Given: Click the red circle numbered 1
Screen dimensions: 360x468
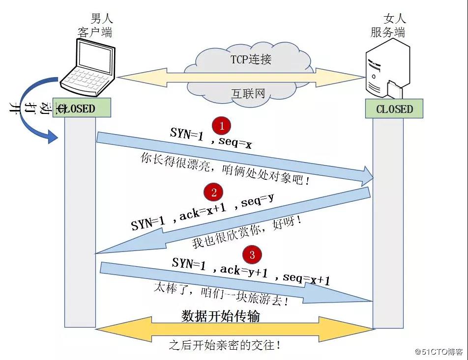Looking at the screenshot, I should click(x=222, y=126).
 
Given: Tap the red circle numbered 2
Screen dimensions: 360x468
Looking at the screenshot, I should click(x=214, y=193).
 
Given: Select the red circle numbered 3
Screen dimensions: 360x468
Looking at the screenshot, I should click(x=252, y=254).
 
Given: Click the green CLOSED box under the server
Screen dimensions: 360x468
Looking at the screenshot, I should click(x=394, y=109).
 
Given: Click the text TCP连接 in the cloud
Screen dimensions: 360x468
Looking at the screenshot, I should click(x=251, y=60).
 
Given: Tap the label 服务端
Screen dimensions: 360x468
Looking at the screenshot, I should click(x=388, y=33).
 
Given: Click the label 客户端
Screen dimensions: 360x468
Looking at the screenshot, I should click(x=95, y=32).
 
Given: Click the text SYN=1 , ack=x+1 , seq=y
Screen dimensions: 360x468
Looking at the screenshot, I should click(x=202, y=211).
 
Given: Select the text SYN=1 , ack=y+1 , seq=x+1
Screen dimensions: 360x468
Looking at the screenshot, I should click(x=251, y=272).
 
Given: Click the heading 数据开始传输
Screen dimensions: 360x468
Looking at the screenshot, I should click(x=221, y=316).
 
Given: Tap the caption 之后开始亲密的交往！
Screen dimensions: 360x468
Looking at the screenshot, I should click(x=225, y=345).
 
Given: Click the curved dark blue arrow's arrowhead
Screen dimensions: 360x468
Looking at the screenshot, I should click(x=53, y=137).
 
